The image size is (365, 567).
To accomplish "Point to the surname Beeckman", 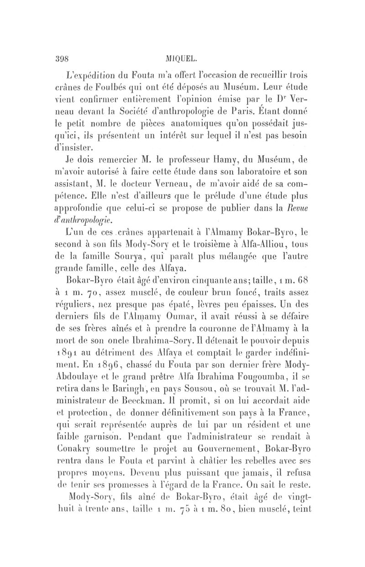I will pos(155,411).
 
